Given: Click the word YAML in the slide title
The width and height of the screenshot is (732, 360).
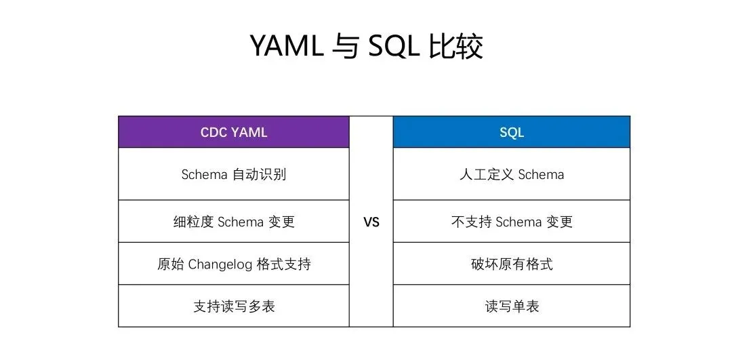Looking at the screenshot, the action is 287,45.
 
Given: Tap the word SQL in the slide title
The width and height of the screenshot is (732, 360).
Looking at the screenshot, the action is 394,46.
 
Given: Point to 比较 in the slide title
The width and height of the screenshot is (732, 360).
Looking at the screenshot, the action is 455,45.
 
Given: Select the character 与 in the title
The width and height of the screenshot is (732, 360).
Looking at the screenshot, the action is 346,45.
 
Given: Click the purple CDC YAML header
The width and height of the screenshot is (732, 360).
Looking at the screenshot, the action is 234,132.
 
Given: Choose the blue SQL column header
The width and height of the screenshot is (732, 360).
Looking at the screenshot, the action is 512,132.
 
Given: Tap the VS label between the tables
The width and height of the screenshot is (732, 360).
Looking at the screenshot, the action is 371,222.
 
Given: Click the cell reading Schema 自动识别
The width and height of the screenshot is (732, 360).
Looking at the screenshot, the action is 234,174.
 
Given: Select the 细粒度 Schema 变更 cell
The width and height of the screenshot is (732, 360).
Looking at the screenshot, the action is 234,221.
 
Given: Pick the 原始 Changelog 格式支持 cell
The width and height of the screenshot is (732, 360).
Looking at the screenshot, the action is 234,264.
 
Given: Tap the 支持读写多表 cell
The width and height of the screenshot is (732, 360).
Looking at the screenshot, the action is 234,306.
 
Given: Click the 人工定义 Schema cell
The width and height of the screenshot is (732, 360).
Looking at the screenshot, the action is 512,174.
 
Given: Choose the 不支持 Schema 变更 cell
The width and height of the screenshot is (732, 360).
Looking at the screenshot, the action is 512,221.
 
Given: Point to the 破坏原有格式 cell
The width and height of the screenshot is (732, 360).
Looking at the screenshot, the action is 512,264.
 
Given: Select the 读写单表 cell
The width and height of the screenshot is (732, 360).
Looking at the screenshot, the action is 512,306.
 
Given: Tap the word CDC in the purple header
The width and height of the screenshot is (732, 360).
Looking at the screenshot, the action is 212,132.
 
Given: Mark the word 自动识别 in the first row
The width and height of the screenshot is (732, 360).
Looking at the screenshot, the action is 259,175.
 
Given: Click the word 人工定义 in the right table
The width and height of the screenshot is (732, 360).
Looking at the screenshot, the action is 487,175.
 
